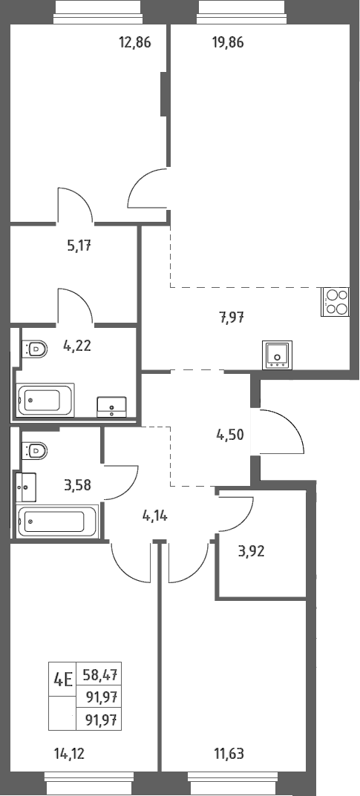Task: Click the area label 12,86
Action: (135, 42)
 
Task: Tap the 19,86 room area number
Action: (227, 42)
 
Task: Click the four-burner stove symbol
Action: (335, 301)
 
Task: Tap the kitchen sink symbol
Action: (277, 355)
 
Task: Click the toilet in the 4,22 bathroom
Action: (35, 349)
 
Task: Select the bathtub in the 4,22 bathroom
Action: (45, 400)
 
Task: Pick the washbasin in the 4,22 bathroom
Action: (111, 407)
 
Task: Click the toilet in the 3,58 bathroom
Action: (35, 450)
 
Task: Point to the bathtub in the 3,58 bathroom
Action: (56, 521)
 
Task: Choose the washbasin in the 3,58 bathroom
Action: (26, 487)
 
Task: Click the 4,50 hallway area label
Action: (230, 435)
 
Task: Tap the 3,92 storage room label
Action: (251, 550)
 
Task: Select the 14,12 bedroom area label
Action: (69, 754)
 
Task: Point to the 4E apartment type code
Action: (62, 679)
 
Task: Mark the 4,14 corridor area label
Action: (154, 517)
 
